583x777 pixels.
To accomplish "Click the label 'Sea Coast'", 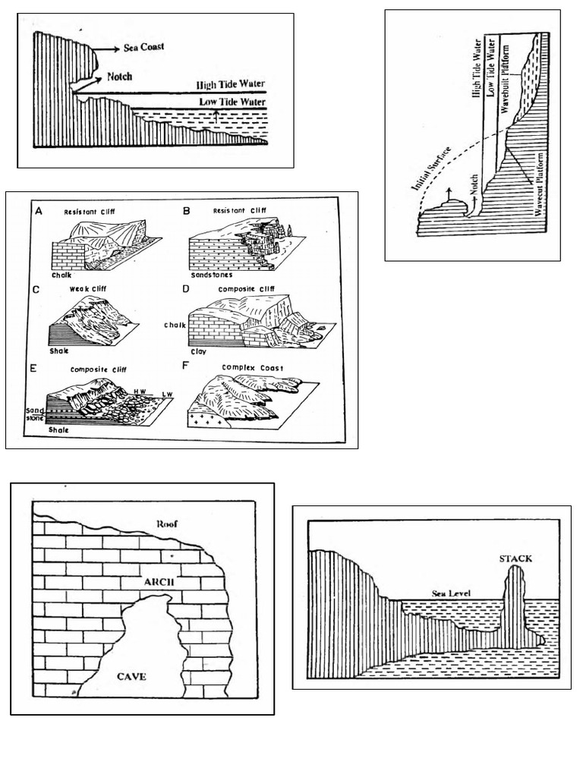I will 144,47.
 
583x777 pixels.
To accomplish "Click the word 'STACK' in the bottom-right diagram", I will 515,558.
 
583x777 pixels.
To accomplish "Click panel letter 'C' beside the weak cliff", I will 36,289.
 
